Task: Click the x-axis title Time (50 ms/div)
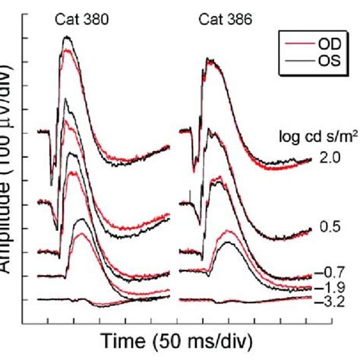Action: tap(172, 339)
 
